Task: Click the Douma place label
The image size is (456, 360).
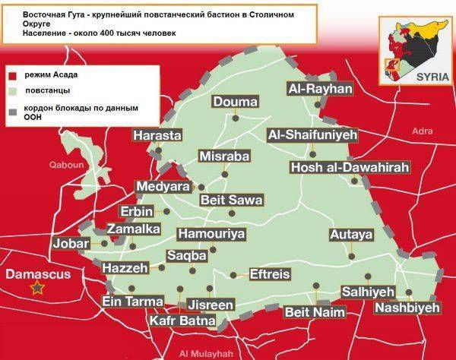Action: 235,102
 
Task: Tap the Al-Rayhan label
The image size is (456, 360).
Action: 320,89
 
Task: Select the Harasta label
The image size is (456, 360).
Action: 157,135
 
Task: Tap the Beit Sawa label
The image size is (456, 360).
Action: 231,200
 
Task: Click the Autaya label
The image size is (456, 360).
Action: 351,234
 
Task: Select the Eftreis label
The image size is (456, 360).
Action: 271,274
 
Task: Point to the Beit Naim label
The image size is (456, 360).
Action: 314,311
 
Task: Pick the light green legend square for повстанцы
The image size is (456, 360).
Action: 11,90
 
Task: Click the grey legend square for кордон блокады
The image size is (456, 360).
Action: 11,111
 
